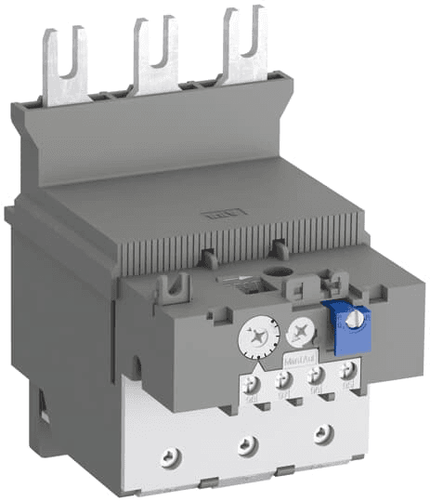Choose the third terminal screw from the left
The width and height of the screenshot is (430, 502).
click(316, 376)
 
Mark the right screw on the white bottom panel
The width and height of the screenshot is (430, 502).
click(321, 431)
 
